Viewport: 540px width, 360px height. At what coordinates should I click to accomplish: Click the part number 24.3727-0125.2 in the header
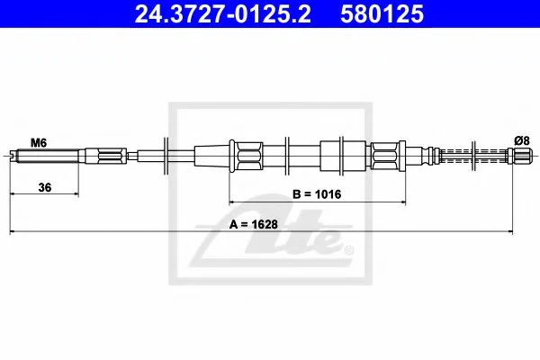click(x=223, y=14)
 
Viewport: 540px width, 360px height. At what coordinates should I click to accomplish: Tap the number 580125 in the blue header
click(x=382, y=14)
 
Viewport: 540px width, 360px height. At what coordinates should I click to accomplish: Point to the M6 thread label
click(x=39, y=142)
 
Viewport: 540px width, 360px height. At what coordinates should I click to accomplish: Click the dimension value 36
click(x=45, y=187)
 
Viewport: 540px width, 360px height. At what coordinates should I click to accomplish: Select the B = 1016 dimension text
click(x=317, y=194)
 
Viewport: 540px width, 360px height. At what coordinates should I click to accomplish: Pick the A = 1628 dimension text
click(x=254, y=224)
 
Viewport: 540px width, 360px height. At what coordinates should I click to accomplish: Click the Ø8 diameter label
click(x=522, y=140)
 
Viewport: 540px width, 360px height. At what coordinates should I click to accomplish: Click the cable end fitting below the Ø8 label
click(x=519, y=156)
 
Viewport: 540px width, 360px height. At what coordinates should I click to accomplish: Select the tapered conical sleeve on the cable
click(x=212, y=156)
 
